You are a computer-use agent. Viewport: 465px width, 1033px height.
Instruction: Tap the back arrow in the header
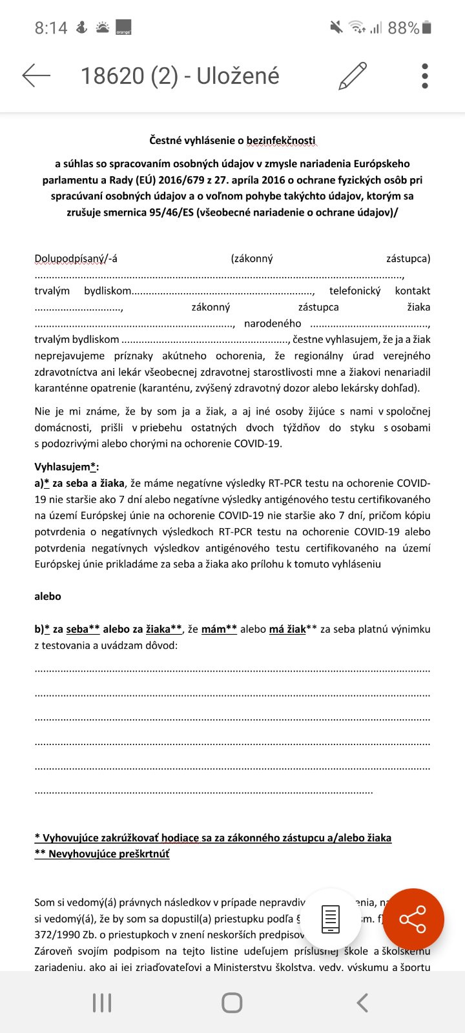coord(36,76)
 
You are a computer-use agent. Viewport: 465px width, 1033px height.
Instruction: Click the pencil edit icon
coord(353,76)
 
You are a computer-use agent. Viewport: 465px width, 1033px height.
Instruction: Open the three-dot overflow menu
coord(424,76)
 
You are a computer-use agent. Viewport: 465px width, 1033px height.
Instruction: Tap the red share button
coord(413,919)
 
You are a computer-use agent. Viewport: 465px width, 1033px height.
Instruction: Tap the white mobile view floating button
coord(331,919)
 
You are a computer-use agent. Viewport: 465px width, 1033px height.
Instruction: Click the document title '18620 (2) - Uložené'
coord(180,76)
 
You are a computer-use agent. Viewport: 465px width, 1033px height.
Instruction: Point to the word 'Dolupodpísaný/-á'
coord(76,259)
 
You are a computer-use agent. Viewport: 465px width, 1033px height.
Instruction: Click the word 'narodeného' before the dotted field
coord(273,323)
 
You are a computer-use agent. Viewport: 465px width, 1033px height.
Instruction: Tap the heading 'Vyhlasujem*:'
coord(67,467)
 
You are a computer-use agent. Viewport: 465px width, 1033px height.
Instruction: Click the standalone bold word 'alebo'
coord(48,597)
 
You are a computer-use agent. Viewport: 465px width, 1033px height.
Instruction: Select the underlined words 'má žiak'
coord(287,629)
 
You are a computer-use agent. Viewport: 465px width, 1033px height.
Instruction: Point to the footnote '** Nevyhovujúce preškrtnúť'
coord(102,854)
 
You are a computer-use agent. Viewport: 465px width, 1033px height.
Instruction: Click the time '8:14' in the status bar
coord(51,28)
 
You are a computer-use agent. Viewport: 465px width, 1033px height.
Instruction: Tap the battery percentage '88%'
coord(404,28)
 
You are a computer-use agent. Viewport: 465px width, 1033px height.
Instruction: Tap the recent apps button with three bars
coord(102,1003)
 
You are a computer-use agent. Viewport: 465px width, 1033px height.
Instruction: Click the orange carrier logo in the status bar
coord(123,28)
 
